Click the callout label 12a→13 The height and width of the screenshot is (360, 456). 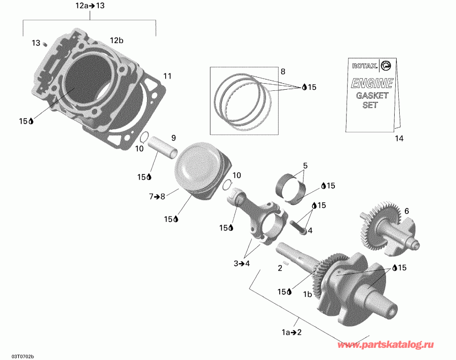pos(90,6)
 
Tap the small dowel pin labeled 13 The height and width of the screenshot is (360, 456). pos(45,44)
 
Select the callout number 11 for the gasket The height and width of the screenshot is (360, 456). pos(167,77)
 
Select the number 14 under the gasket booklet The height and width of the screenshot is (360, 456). pos(400,138)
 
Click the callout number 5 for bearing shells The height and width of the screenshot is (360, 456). pos(306,166)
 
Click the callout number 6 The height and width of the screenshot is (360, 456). pos(406,210)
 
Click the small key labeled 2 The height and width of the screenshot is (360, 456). pos(287,263)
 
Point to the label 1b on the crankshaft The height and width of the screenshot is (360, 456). pos(307,294)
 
